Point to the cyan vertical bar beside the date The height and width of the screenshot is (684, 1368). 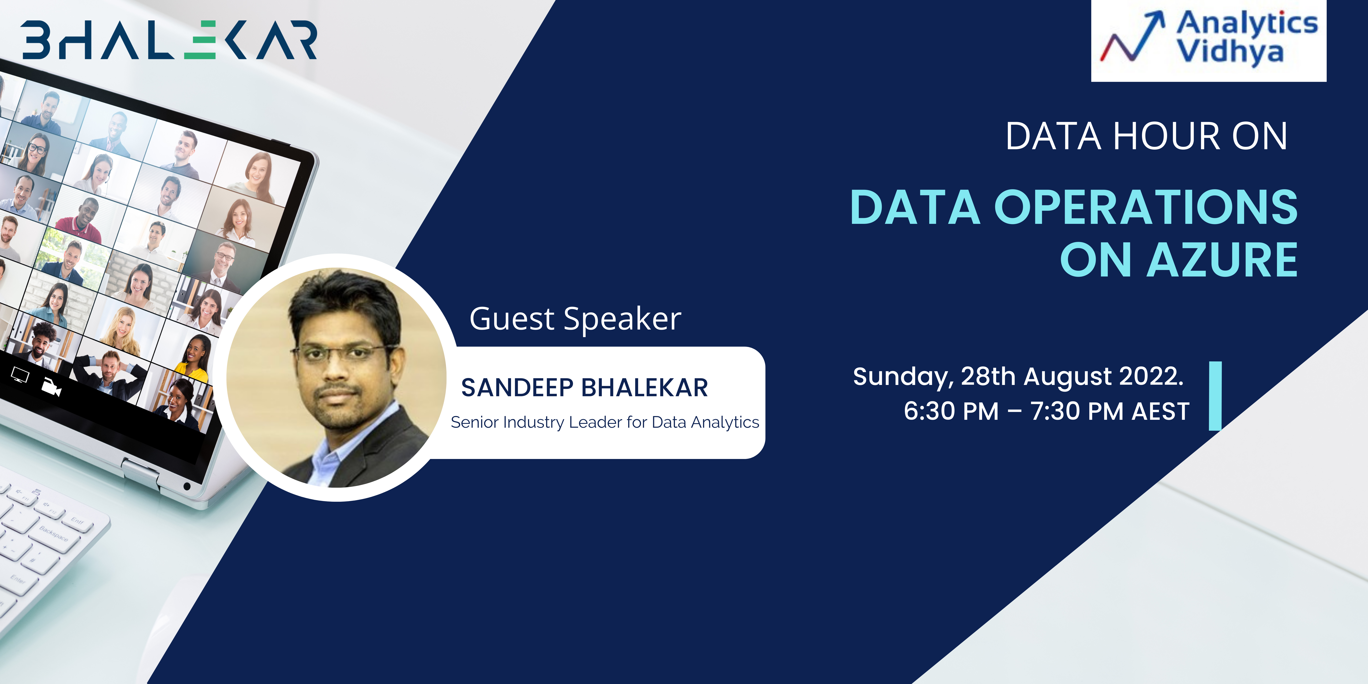click(x=1215, y=396)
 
